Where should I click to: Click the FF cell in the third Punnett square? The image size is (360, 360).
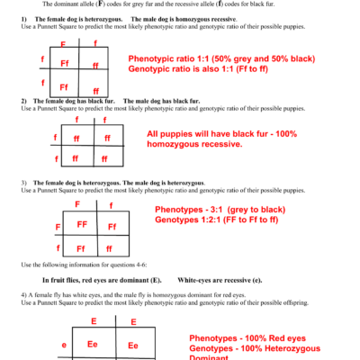[81, 224]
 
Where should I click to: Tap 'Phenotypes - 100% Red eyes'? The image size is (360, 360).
[247, 337]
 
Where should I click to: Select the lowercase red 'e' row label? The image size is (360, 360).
[64, 345]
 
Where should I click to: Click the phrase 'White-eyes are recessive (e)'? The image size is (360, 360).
[220, 280]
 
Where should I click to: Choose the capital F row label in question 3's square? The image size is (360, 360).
[58, 226]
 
